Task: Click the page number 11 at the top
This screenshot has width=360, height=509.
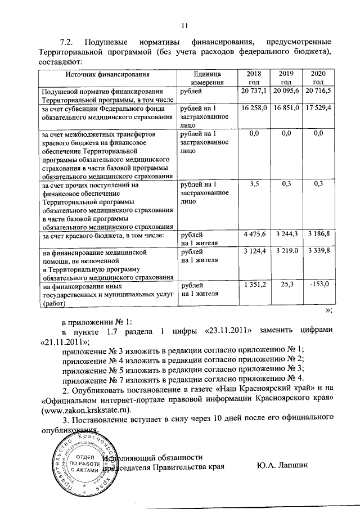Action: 184,24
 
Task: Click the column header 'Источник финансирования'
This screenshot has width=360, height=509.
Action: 107,74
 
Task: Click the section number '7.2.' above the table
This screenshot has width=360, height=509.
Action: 67,43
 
